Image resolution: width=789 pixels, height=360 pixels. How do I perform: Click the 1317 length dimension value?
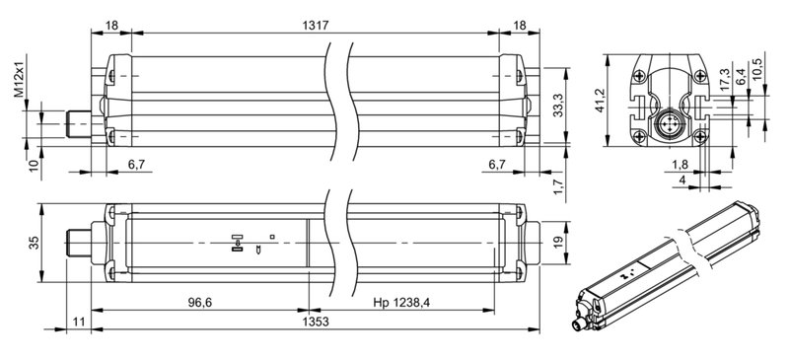[316, 26]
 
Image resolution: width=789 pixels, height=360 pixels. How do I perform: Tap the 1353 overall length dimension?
[316, 323]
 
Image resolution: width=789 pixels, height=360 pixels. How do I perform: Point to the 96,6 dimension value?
[200, 303]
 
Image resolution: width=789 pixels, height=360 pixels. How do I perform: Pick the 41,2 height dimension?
[600, 102]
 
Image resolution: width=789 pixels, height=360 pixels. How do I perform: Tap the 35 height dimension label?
[33, 243]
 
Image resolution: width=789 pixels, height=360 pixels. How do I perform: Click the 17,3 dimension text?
[724, 80]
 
